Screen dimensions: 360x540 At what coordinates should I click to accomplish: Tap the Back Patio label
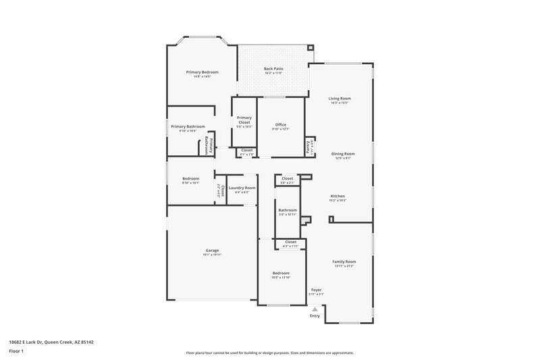(273, 69)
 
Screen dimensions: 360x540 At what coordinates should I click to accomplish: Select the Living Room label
(340, 99)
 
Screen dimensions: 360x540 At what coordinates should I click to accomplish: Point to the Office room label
(281, 125)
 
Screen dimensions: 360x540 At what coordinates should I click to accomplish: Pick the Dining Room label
(343, 153)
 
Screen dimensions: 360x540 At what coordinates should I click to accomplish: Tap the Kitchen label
(337, 196)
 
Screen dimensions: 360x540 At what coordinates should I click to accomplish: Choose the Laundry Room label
(242, 188)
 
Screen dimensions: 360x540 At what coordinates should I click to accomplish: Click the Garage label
(212, 250)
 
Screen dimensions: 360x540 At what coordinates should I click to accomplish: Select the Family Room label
(344, 261)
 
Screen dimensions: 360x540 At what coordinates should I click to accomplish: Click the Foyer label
(316, 290)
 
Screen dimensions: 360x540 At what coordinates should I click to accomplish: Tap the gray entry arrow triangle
(315, 309)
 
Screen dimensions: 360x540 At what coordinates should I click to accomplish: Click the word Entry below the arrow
(315, 315)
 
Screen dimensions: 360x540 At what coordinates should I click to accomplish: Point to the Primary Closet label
(244, 120)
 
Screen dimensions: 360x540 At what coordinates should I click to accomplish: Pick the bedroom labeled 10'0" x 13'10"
(281, 274)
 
